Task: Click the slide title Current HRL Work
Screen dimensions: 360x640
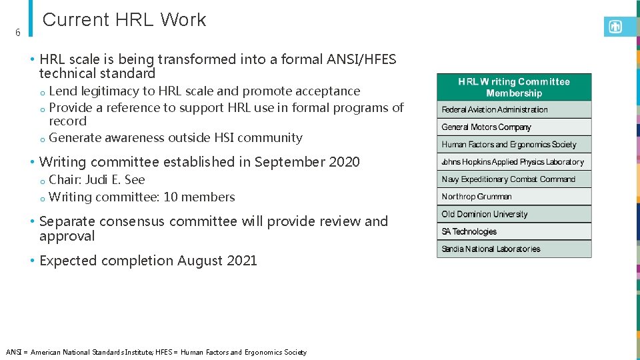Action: pyautogui.click(x=124, y=20)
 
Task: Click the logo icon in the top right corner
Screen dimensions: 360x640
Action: pyautogui.click(x=615, y=27)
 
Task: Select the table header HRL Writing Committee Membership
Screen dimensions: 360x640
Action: pyautogui.click(x=514, y=87)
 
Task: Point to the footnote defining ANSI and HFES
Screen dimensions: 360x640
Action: pyautogui.click(x=156, y=352)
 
